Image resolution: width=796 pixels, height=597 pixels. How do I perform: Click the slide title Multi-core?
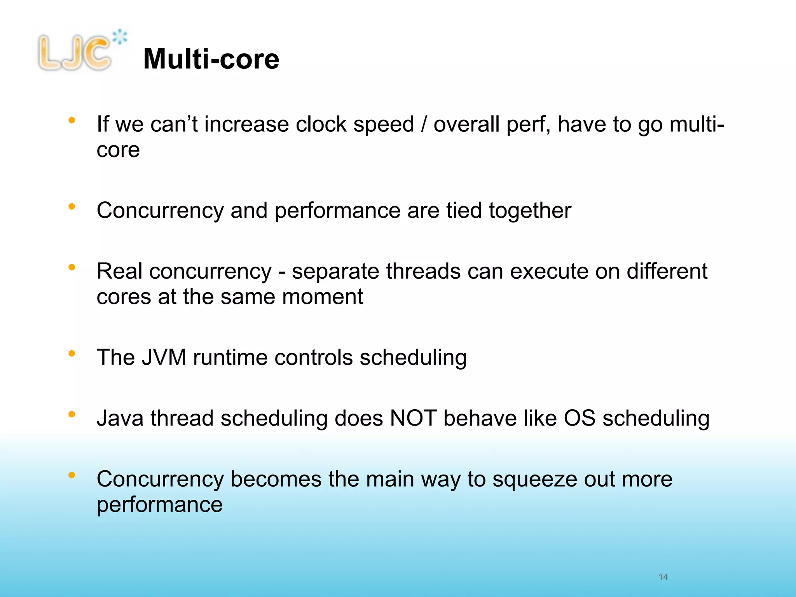(211, 59)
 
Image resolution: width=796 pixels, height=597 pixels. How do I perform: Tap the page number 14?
(663, 577)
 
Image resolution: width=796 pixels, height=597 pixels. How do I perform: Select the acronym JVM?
(164, 357)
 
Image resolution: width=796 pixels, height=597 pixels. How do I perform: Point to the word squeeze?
(534, 480)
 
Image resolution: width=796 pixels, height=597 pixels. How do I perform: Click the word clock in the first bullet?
(321, 125)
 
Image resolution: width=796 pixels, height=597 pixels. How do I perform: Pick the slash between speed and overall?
(424, 125)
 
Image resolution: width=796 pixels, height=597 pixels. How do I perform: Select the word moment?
(323, 297)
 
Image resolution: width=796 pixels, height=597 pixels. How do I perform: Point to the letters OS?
(580, 418)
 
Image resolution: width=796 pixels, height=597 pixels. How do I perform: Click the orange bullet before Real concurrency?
(72, 267)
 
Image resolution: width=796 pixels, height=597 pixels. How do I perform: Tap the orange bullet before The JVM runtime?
(72, 353)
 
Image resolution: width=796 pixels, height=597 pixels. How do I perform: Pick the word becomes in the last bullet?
(276, 479)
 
